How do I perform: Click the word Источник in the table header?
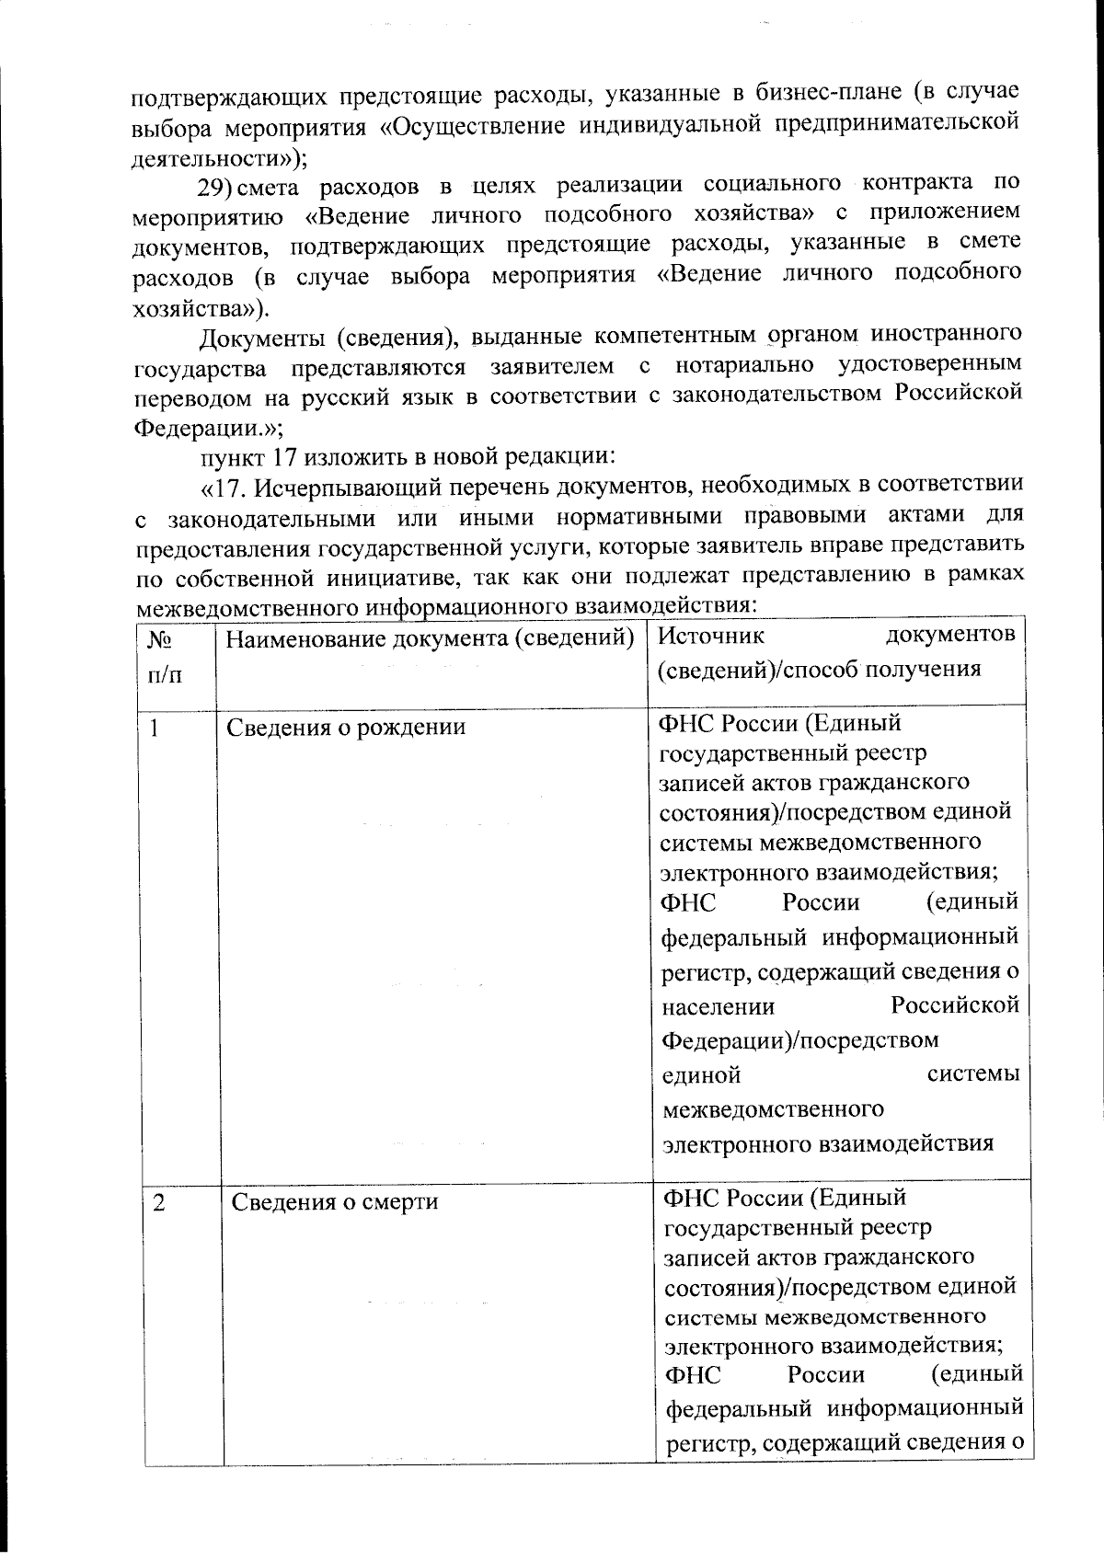tap(712, 636)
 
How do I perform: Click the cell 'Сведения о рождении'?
tap(346, 728)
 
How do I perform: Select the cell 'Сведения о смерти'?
tap(334, 1202)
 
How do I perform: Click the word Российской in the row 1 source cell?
tap(955, 1005)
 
